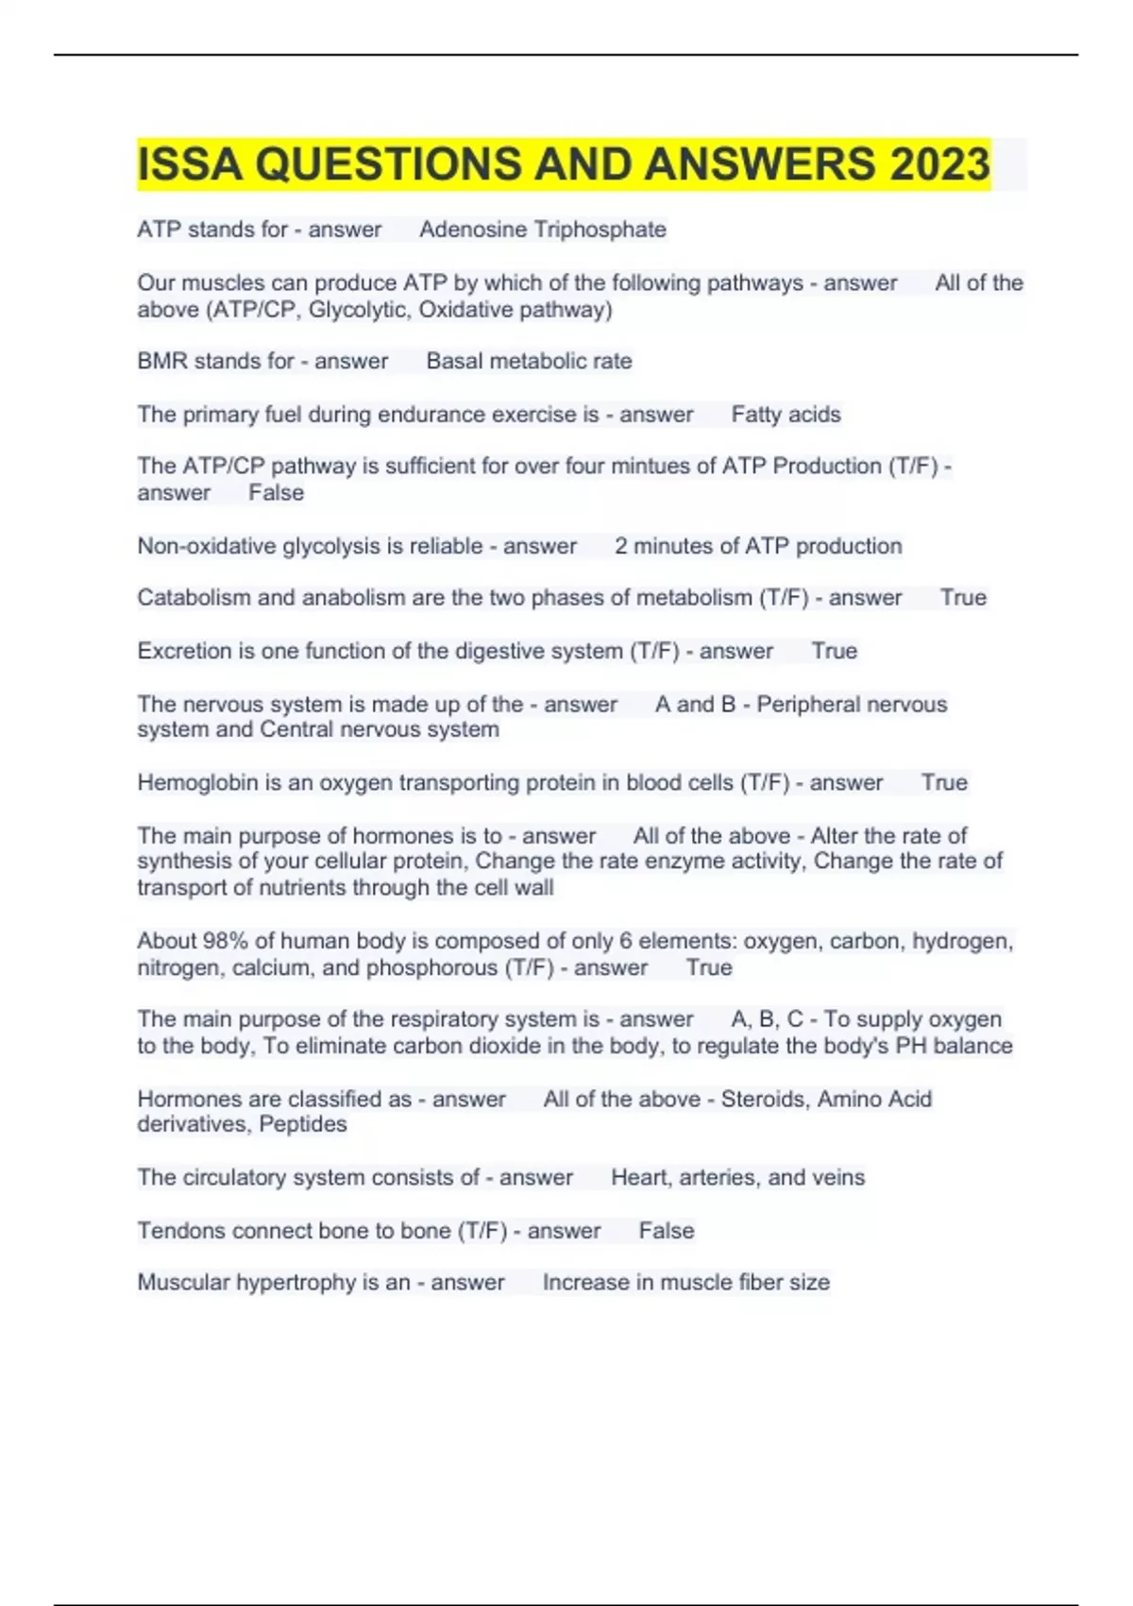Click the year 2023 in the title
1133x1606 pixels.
click(939, 163)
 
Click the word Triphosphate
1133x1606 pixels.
click(600, 230)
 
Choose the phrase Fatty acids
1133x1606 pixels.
click(786, 414)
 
